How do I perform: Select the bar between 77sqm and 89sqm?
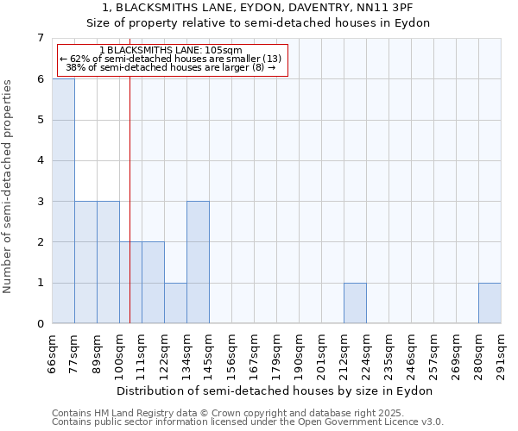(85, 262)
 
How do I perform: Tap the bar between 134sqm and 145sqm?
(198, 262)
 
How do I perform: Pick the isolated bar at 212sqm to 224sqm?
(355, 303)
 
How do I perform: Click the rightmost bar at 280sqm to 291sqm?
(490, 303)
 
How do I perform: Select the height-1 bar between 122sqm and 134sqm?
(175, 303)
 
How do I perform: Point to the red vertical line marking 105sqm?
(129, 215)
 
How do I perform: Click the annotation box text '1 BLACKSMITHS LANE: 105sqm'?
(170, 51)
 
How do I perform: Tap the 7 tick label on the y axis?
(40, 38)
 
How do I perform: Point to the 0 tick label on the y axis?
(40, 324)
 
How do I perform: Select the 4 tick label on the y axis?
(40, 160)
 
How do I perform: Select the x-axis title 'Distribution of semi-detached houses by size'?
(276, 390)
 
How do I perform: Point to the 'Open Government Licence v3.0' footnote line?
(248, 422)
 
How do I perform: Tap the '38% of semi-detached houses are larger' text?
(170, 68)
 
